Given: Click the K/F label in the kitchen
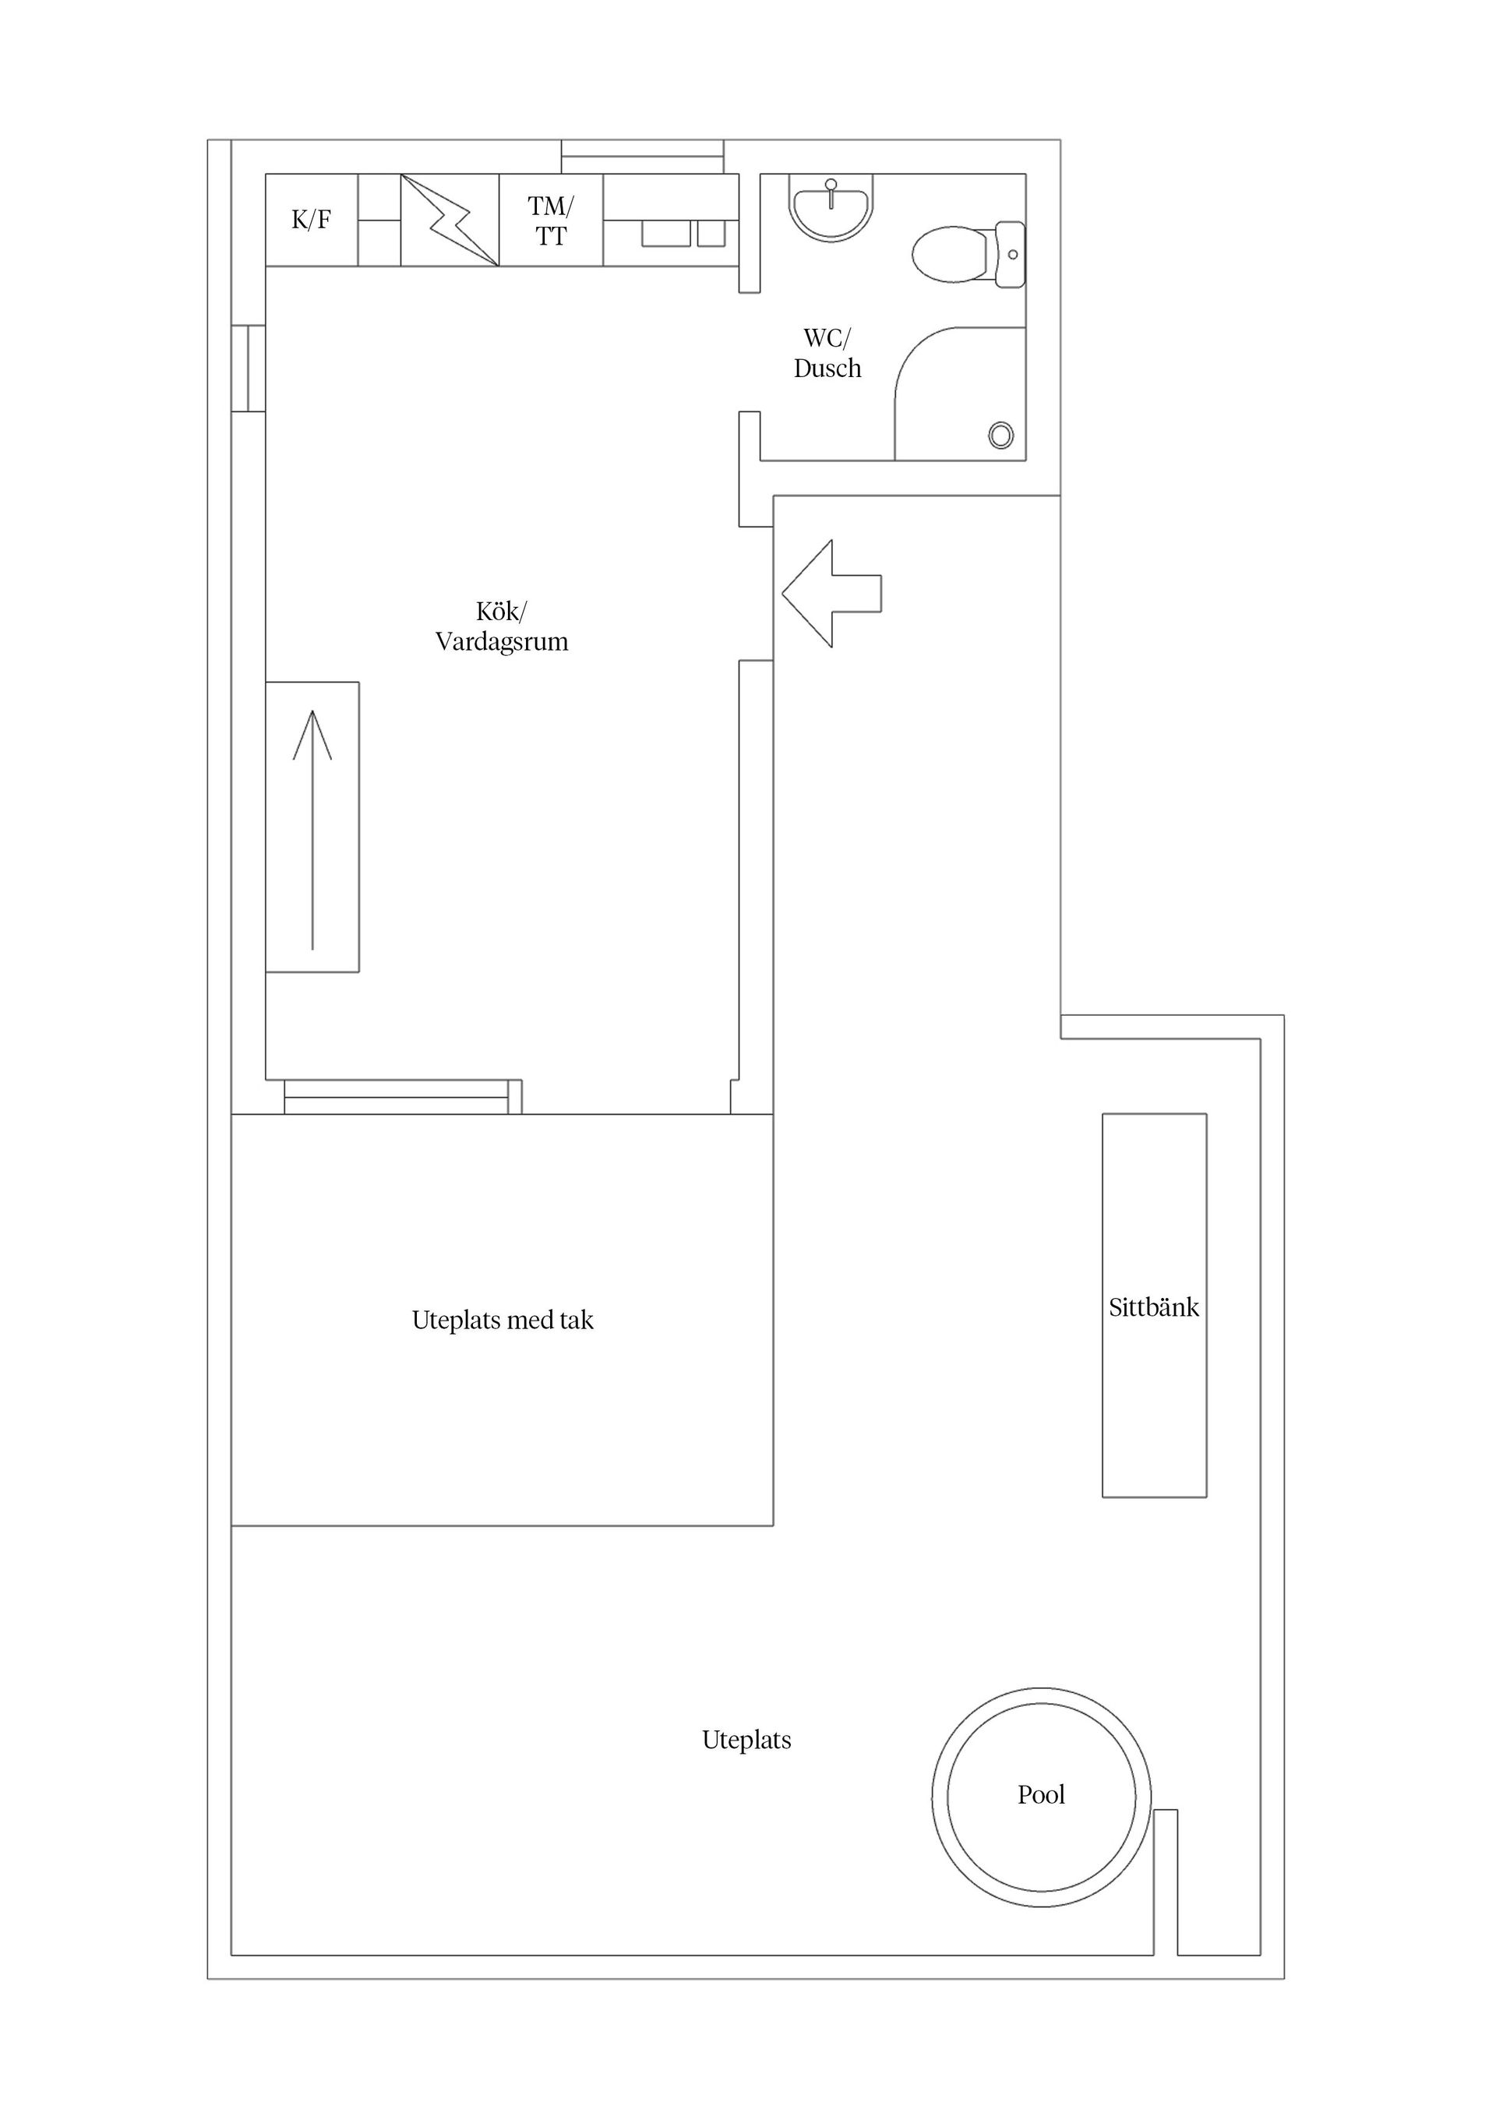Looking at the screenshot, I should [311, 220].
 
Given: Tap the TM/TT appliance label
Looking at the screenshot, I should [550, 221].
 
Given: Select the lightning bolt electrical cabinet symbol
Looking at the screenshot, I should [450, 220].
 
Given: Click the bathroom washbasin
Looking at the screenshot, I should [831, 207].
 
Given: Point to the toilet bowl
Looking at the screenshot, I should [949, 254].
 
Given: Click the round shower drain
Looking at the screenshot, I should [1001, 435].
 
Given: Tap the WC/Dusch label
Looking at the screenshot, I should [827, 353].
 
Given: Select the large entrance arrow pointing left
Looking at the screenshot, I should [830, 594].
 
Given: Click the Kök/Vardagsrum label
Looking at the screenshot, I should [502, 626].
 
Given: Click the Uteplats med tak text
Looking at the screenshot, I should [503, 1321].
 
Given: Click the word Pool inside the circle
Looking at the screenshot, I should [1041, 1795].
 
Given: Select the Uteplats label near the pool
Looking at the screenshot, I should [746, 1740].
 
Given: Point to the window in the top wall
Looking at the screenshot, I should [643, 157].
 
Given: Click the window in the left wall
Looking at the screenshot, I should [248, 368].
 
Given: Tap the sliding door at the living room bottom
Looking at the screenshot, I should [397, 1097].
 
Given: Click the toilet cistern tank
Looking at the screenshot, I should [1011, 254].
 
